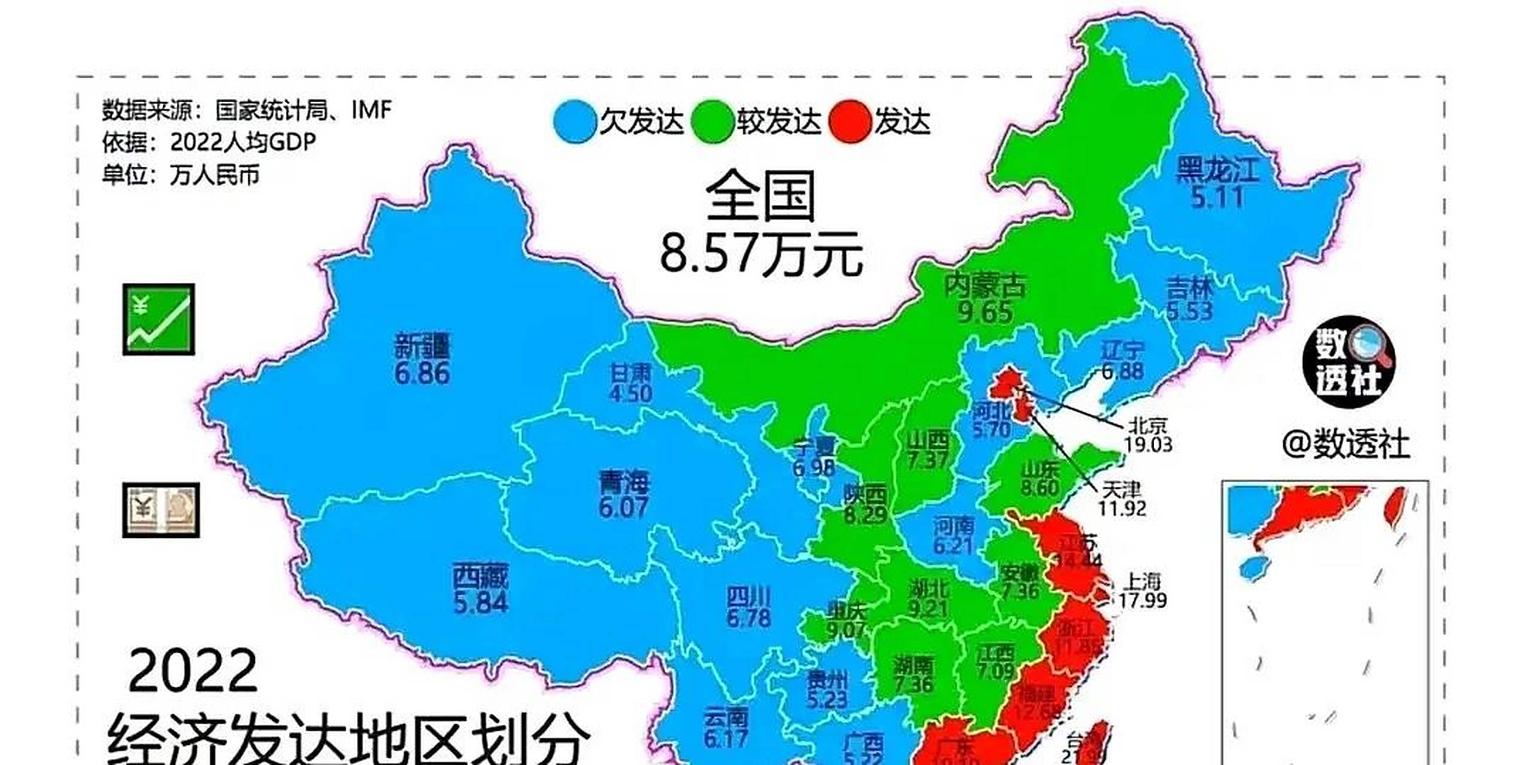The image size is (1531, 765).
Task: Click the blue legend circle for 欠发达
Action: coord(575,122)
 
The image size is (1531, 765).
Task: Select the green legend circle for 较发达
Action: coord(712,122)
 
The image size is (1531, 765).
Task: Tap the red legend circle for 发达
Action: coord(849,122)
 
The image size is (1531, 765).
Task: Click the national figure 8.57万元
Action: coord(761,254)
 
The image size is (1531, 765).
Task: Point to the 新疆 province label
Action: coord(422,347)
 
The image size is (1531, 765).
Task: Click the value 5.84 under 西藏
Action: coord(480,603)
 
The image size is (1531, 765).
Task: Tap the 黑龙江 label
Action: coord(1217,170)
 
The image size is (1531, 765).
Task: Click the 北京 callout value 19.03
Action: coord(1148,445)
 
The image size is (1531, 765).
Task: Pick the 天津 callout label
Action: coord(1121,490)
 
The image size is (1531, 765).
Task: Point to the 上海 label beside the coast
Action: coord(1142,581)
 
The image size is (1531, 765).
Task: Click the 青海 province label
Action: coord(624,483)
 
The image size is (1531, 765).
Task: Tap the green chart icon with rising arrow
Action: coord(158,319)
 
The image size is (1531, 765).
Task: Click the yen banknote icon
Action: coord(161,510)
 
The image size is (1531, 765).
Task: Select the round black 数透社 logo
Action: coord(1349,362)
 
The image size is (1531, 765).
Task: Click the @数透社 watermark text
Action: coord(1346,445)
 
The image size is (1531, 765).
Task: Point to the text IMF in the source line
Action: coord(371,110)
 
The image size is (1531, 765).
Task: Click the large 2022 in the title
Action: coord(193,671)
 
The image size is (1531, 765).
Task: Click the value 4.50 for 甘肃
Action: coord(630,394)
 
